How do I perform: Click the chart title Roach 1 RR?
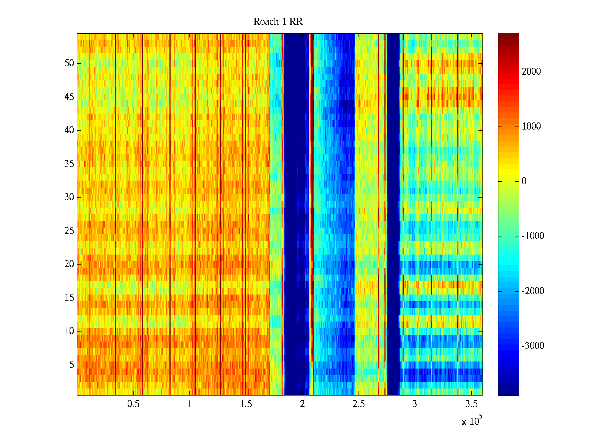278,22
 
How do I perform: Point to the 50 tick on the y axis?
69,63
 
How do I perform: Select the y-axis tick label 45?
69,97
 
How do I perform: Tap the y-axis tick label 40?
69,130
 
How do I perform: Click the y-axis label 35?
69,164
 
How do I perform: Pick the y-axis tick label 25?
69,231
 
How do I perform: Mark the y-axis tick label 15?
69,298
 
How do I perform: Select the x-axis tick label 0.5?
133,404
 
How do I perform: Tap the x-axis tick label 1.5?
246,404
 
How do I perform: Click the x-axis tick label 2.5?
359,404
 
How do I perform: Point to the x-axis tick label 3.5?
471,404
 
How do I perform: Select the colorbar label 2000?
531,72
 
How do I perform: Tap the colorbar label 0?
524,181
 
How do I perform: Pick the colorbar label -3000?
533,346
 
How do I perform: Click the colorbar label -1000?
533,236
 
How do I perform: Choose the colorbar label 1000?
531,127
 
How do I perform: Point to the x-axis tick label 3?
415,404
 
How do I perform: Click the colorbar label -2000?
533,291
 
